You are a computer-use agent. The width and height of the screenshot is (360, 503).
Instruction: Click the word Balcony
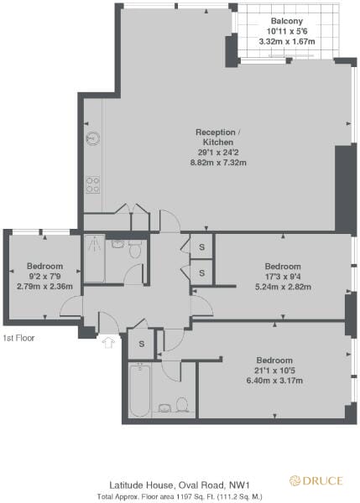coord(287,21)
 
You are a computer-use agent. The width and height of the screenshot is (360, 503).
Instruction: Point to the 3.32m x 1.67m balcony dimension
coord(287,41)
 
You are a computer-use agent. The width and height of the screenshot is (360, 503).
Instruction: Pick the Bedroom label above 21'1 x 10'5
coord(273,360)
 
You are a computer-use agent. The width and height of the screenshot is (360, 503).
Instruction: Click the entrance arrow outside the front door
coord(107,341)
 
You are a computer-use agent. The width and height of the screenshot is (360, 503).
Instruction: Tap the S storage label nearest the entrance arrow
coord(142,345)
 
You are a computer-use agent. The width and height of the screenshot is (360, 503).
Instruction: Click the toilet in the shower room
coord(134,248)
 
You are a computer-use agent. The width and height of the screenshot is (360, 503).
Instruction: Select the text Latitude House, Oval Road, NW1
coord(180,485)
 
